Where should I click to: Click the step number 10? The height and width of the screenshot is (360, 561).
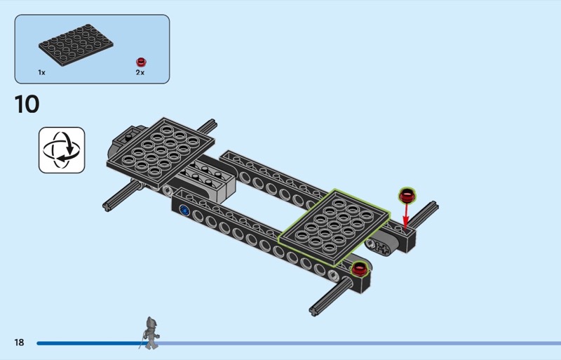coord(27,105)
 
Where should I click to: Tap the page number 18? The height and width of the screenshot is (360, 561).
coord(20,342)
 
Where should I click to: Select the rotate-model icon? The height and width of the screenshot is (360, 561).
coord(62,150)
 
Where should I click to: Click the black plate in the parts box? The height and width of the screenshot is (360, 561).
coord(76,45)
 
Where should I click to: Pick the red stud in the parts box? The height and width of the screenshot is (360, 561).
coord(142,62)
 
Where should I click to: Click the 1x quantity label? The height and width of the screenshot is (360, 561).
coord(42,73)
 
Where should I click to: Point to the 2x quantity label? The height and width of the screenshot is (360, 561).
coord(140,73)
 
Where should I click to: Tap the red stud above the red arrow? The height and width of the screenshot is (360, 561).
coord(407,196)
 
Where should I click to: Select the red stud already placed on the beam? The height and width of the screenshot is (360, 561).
coord(359,269)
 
